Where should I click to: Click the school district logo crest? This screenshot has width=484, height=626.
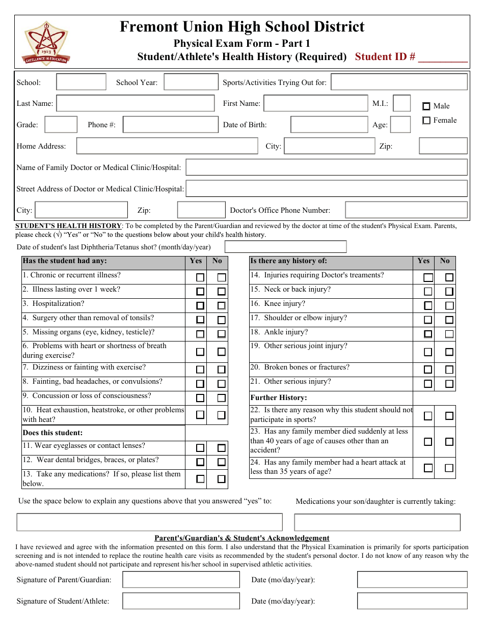46,43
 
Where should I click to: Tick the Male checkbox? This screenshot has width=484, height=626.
426,106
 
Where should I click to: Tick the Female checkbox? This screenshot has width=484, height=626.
426,121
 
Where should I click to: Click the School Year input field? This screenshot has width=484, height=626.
191,82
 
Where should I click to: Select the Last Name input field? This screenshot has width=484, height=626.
136,103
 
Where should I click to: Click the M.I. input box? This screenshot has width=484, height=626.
402,103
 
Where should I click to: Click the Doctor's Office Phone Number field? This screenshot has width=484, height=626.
406,210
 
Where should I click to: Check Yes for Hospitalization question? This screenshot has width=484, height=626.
200,306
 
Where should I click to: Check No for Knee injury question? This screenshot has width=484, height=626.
449,306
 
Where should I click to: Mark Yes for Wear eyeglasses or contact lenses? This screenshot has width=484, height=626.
200,448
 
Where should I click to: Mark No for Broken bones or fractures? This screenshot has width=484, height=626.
449,369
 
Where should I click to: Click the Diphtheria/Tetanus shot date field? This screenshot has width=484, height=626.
285,247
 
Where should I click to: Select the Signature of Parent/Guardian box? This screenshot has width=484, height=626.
181,580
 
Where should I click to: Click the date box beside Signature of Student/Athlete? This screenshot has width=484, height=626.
412,601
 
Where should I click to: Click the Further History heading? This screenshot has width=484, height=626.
279,397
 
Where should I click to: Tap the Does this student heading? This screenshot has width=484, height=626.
52,433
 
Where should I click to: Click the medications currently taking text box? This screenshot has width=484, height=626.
377,522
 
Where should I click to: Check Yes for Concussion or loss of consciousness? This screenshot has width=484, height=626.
200,398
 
